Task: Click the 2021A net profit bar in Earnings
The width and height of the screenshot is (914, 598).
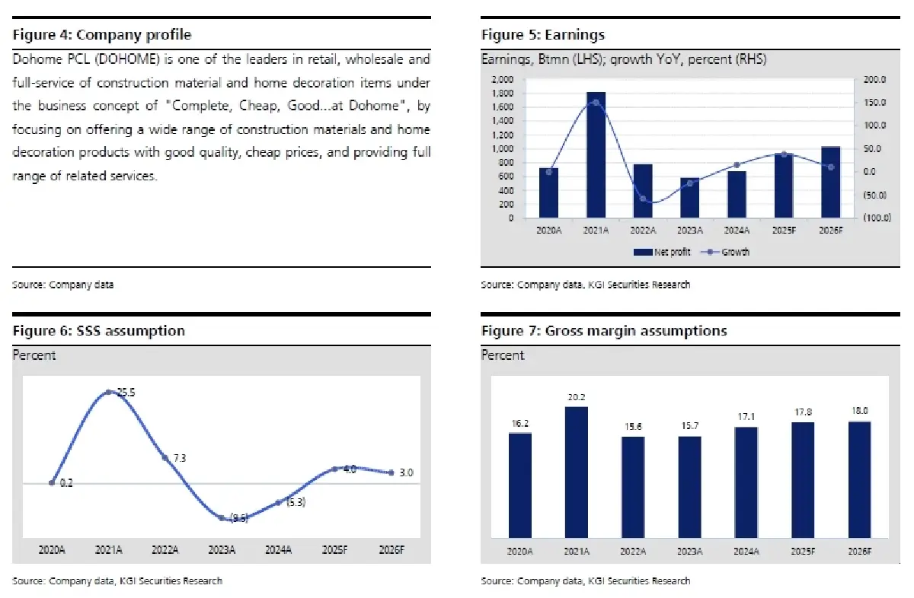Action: click(x=596, y=155)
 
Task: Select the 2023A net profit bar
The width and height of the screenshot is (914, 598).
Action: click(x=690, y=199)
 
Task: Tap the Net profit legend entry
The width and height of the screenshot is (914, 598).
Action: click(x=663, y=252)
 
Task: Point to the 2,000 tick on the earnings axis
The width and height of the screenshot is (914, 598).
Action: click(x=502, y=79)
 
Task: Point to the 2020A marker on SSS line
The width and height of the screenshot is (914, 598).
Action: click(x=52, y=482)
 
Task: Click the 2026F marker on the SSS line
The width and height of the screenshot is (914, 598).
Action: click(x=391, y=472)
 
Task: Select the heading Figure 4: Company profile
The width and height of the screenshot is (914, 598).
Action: click(x=102, y=35)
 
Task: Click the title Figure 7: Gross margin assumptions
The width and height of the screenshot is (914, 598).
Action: click(x=604, y=331)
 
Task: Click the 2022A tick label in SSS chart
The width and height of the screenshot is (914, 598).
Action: click(x=165, y=549)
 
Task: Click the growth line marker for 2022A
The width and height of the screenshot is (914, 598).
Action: click(x=643, y=199)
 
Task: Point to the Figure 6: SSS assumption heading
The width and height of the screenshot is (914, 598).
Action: click(x=99, y=331)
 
